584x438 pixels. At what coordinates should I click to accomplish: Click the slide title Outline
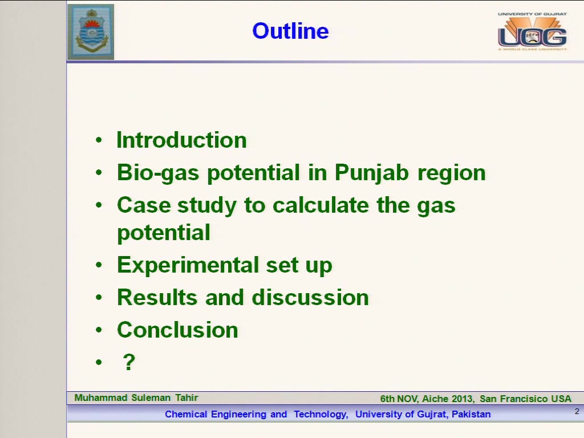click(290, 31)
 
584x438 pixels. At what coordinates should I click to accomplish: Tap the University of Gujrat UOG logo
click(532, 31)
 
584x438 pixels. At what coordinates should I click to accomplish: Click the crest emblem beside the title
click(91, 32)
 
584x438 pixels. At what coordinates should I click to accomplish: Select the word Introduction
click(182, 140)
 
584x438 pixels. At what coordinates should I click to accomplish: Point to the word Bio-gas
click(158, 173)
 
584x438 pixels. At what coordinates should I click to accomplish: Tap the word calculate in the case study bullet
click(321, 205)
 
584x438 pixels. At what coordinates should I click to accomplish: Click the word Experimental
click(188, 266)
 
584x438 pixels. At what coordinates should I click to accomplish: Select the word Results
click(157, 297)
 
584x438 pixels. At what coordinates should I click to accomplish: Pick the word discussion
click(310, 297)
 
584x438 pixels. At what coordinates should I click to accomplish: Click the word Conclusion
click(178, 330)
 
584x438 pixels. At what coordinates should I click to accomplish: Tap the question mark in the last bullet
click(129, 362)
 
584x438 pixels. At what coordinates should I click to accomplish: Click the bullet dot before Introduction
click(99, 140)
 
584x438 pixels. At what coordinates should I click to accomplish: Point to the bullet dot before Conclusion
click(99, 330)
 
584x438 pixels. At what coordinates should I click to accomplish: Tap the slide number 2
click(577, 412)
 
